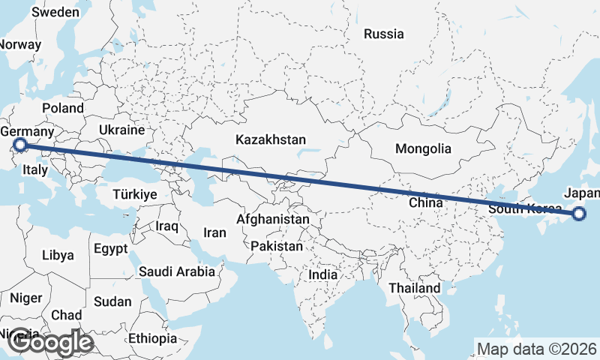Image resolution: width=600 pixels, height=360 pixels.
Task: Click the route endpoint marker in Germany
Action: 20,145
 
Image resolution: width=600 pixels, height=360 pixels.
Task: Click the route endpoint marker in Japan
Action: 579,214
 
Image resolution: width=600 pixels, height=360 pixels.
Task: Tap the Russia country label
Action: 383,34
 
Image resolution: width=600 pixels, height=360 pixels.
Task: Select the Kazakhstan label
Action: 271,139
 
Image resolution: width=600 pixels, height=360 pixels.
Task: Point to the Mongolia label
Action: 423,148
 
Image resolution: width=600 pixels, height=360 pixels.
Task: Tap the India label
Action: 323,275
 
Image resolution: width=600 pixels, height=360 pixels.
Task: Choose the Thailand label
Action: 415,288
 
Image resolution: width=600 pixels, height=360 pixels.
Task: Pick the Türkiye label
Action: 134,194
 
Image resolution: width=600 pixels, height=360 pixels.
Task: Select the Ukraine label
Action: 121,130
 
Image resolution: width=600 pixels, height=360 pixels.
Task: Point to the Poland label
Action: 63,108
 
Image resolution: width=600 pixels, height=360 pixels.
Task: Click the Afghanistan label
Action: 273,220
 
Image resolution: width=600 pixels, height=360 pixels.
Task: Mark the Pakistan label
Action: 277,246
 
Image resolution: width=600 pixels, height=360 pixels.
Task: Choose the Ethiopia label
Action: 152,338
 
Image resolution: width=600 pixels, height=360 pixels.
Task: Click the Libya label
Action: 58,255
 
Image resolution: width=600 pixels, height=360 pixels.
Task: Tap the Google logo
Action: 50,343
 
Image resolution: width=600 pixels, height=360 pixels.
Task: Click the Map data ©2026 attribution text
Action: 538,349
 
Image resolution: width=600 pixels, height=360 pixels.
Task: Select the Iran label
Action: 214,232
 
